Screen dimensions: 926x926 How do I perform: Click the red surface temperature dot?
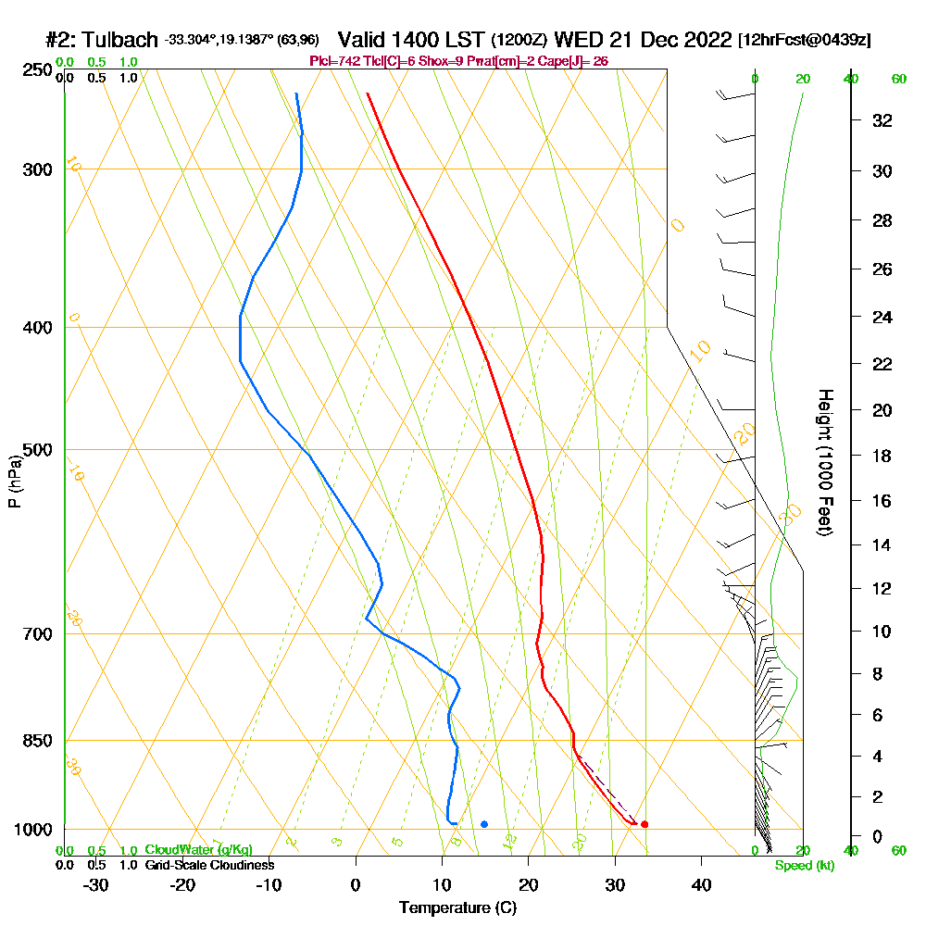point(644,824)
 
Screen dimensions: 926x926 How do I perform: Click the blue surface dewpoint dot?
point(484,824)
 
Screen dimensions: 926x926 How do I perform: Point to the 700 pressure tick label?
point(34,634)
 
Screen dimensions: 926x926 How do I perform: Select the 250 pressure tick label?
point(34,69)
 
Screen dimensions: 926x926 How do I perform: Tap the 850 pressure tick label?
point(34,741)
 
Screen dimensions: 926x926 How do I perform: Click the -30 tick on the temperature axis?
point(96,884)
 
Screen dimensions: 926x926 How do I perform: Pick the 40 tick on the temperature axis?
point(701,884)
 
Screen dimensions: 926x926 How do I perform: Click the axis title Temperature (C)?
point(457,908)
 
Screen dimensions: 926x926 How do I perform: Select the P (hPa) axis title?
point(14,482)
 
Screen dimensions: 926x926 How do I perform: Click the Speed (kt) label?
point(803,866)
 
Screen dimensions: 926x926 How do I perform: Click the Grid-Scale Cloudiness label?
point(209,865)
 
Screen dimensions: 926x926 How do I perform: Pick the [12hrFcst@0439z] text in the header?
point(804,40)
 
